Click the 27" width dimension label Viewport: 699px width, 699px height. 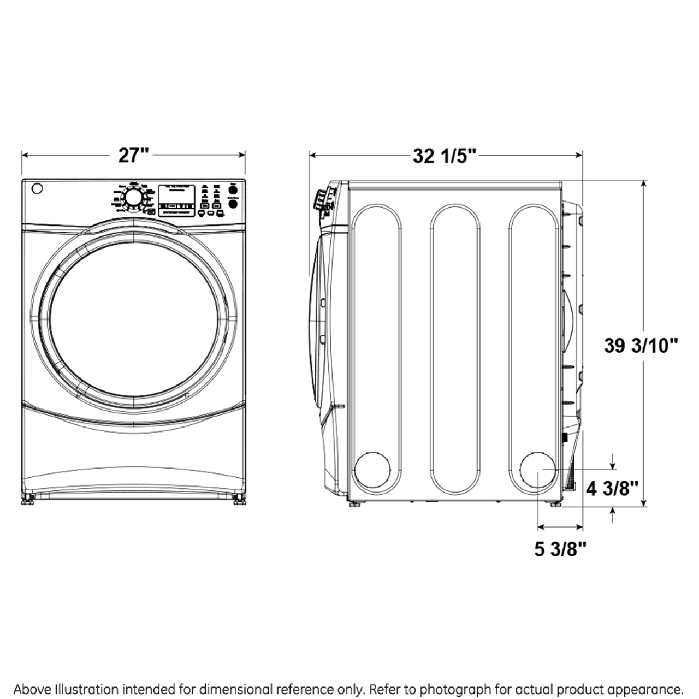[x=133, y=156]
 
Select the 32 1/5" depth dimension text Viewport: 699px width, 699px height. [x=445, y=156]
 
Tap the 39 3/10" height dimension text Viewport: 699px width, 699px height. [x=641, y=346]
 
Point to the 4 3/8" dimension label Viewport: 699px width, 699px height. [x=612, y=488]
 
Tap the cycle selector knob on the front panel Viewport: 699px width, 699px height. [x=132, y=197]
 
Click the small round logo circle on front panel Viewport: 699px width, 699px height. [x=37, y=189]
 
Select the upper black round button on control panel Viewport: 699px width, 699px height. [x=233, y=190]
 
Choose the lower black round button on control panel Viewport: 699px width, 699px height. [x=233, y=204]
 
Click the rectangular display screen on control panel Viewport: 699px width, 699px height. [x=177, y=200]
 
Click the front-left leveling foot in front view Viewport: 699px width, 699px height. [x=27, y=499]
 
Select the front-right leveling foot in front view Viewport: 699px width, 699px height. [x=239, y=499]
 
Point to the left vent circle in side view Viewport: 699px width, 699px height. [x=373, y=470]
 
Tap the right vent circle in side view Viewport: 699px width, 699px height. [x=538, y=470]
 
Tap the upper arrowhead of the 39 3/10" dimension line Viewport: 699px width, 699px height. [x=644, y=185]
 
